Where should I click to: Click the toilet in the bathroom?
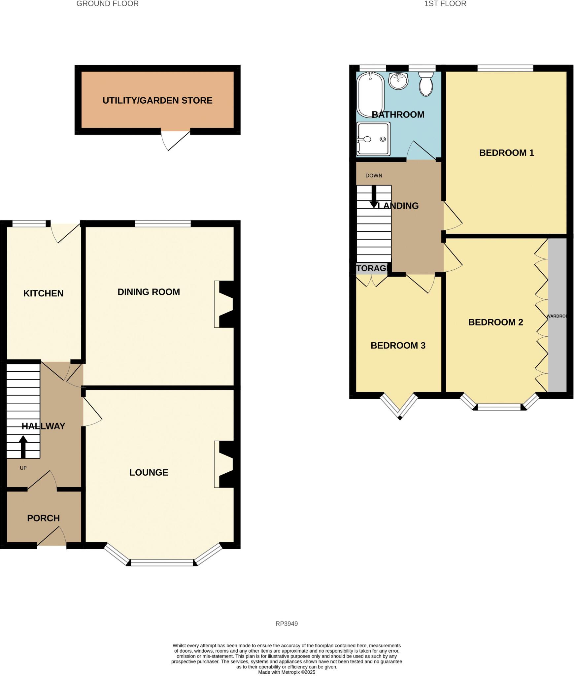(x=426, y=85)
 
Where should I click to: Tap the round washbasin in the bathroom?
(x=398, y=81)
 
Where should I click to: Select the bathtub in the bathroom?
(x=370, y=95)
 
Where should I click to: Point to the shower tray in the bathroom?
(x=373, y=139)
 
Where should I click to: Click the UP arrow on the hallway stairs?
(x=23, y=447)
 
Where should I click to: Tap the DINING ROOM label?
(x=149, y=292)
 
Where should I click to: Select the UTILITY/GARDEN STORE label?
(x=157, y=100)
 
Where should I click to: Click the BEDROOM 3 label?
(x=398, y=346)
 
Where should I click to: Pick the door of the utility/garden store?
(x=176, y=140)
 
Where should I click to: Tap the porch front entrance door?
(x=52, y=536)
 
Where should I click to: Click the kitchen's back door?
(x=66, y=233)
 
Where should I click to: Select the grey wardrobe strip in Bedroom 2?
(x=557, y=315)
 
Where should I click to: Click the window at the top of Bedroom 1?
(x=505, y=68)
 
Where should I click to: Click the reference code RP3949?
(x=287, y=624)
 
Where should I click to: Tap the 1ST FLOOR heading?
(x=445, y=4)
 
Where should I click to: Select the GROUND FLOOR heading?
(x=107, y=4)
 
